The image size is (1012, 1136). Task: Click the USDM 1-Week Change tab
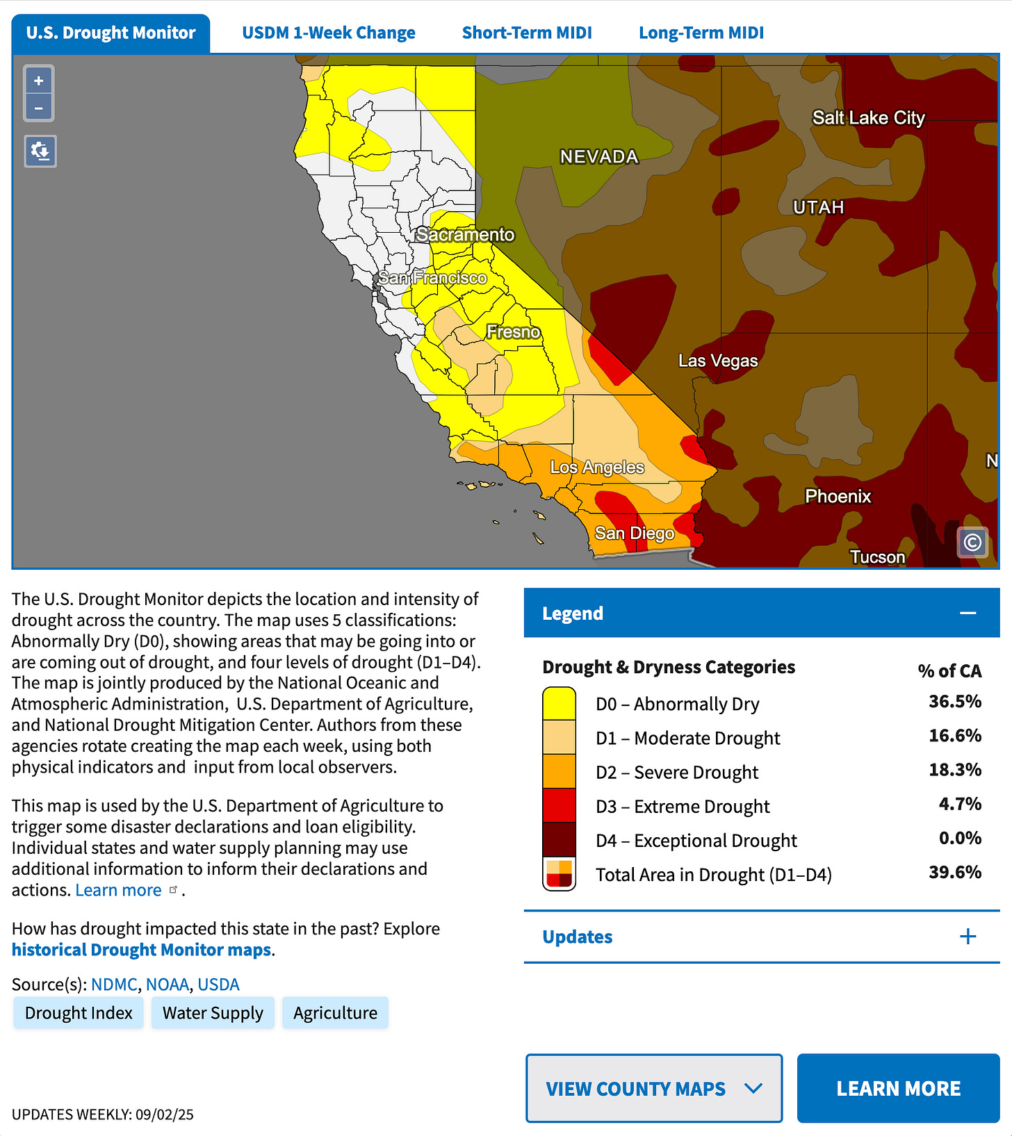[x=328, y=33]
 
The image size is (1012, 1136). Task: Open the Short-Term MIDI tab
[x=527, y=33]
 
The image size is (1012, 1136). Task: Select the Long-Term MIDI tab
[x=701, y=33]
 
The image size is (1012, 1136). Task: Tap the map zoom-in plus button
[x=39, y=81]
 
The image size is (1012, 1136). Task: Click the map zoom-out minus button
[x=39, y=108]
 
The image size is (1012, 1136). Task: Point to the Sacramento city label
[x=465, y=235]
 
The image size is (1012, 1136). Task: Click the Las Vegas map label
[x=717, y=361]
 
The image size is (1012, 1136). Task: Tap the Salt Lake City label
[x=868, y=118]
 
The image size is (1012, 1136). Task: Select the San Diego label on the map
[x=634, y=533]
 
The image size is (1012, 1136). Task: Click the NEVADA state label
[x=598, y=157]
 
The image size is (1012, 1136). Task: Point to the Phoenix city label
[x=838, y=496]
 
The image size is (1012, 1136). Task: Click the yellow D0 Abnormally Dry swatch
[x=559, y=703]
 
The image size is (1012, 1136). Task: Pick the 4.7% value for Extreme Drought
[x=959, y=805]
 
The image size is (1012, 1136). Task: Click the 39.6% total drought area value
[x=954, y=873]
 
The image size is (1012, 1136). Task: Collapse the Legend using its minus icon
[x=968, y=613]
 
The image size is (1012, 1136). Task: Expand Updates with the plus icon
[x=968, y=937]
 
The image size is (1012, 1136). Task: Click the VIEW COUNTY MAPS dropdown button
[x=653, y=1088]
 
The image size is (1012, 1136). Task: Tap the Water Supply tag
[x=213, y=1013]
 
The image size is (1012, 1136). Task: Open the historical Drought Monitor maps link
[x=141, y=950]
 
